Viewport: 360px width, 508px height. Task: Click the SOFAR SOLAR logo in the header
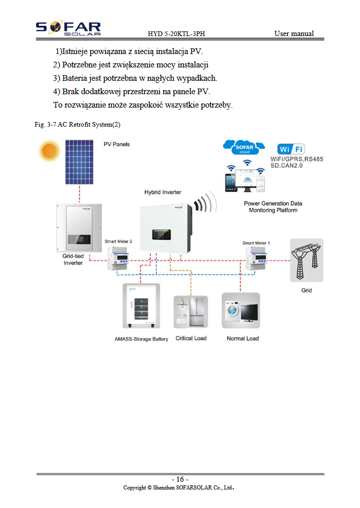(x=68, y=28)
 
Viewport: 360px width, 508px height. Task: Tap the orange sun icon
(x=49, y=151)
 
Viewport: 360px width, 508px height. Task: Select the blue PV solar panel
(x=79, y=162)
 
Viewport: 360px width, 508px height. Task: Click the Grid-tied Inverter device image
(x=79, y=227)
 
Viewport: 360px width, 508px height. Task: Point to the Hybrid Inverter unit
(x=166, y=229)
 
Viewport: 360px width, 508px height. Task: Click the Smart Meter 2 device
(x=118, y=258)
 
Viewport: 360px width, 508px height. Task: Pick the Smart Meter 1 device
(x=256, y=258)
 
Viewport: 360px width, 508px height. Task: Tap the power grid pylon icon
(x=306, y=260)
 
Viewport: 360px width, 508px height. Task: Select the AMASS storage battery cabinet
(x=141, y=306)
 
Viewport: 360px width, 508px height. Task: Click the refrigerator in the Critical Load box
(x=196, y=312)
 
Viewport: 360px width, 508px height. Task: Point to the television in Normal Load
(x=249, y=312)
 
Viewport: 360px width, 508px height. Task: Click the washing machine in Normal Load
(x=233, y=311)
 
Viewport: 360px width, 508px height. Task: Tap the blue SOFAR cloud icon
(x=244, y=148)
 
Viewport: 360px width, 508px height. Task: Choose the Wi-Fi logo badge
(x=291, y=149)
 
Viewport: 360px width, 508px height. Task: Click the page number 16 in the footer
(x=180, y=479)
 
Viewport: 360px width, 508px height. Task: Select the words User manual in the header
(x=294, y=33)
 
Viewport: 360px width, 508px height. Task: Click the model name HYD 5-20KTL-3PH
(x=177, y=33)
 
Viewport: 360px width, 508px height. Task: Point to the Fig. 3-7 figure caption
(x=78, y=125)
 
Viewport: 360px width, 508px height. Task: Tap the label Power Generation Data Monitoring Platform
(x=273, y=207)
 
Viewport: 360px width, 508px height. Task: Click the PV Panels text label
(x=117, y=144)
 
